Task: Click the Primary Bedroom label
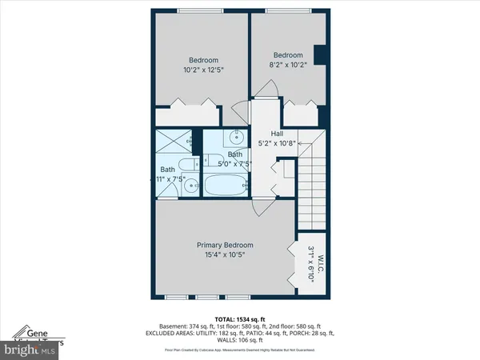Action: pos(225,245)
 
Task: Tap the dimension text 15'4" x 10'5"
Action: pos(225,255)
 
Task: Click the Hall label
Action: pos(277,134)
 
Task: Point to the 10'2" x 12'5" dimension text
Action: pos(202,70)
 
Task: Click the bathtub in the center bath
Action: pos(226,186)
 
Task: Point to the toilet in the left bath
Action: pos(186,166)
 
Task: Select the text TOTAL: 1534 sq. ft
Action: pos(239,318)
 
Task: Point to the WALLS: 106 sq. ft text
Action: pos(239,340)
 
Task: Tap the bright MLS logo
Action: pos(28,350)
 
